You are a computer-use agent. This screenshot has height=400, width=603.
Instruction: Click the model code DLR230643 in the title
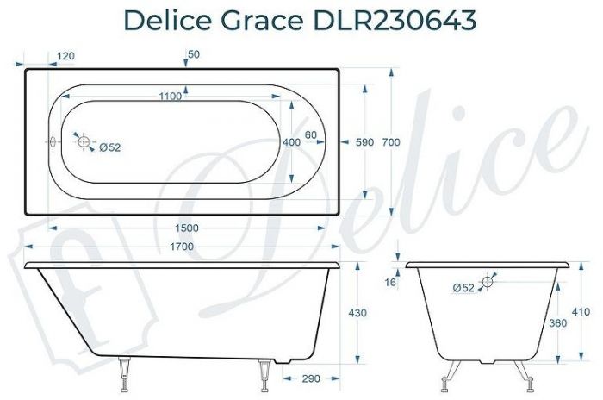point(403,20)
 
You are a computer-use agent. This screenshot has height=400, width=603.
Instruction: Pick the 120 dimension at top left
point(65,56)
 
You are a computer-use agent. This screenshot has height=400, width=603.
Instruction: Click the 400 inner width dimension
point(291,142)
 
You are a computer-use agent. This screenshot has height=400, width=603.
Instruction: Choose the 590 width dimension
point(364,142)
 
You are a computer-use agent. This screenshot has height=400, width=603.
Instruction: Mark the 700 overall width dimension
point(392,142)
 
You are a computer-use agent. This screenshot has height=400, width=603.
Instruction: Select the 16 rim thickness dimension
point(393,282)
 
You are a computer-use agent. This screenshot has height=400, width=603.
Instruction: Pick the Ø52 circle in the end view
point(488,282)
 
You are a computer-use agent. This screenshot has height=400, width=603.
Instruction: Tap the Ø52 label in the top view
point(109,147)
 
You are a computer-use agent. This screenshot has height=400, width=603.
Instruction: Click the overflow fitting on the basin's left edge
point(52,141)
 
